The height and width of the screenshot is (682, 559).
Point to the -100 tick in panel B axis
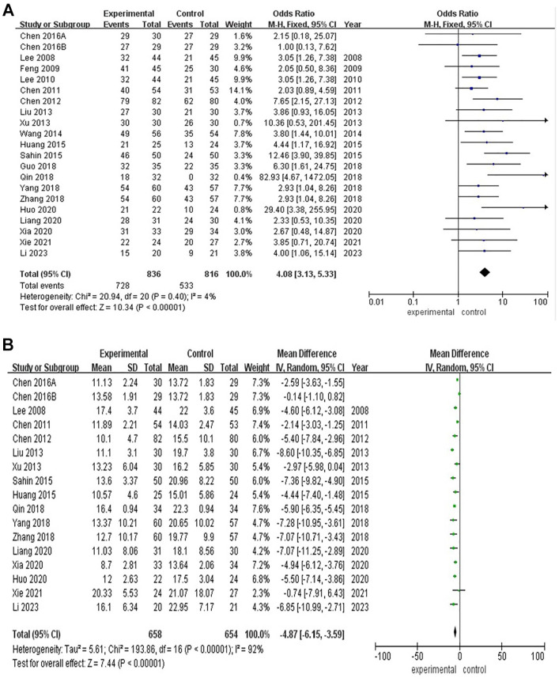point(380,656)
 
